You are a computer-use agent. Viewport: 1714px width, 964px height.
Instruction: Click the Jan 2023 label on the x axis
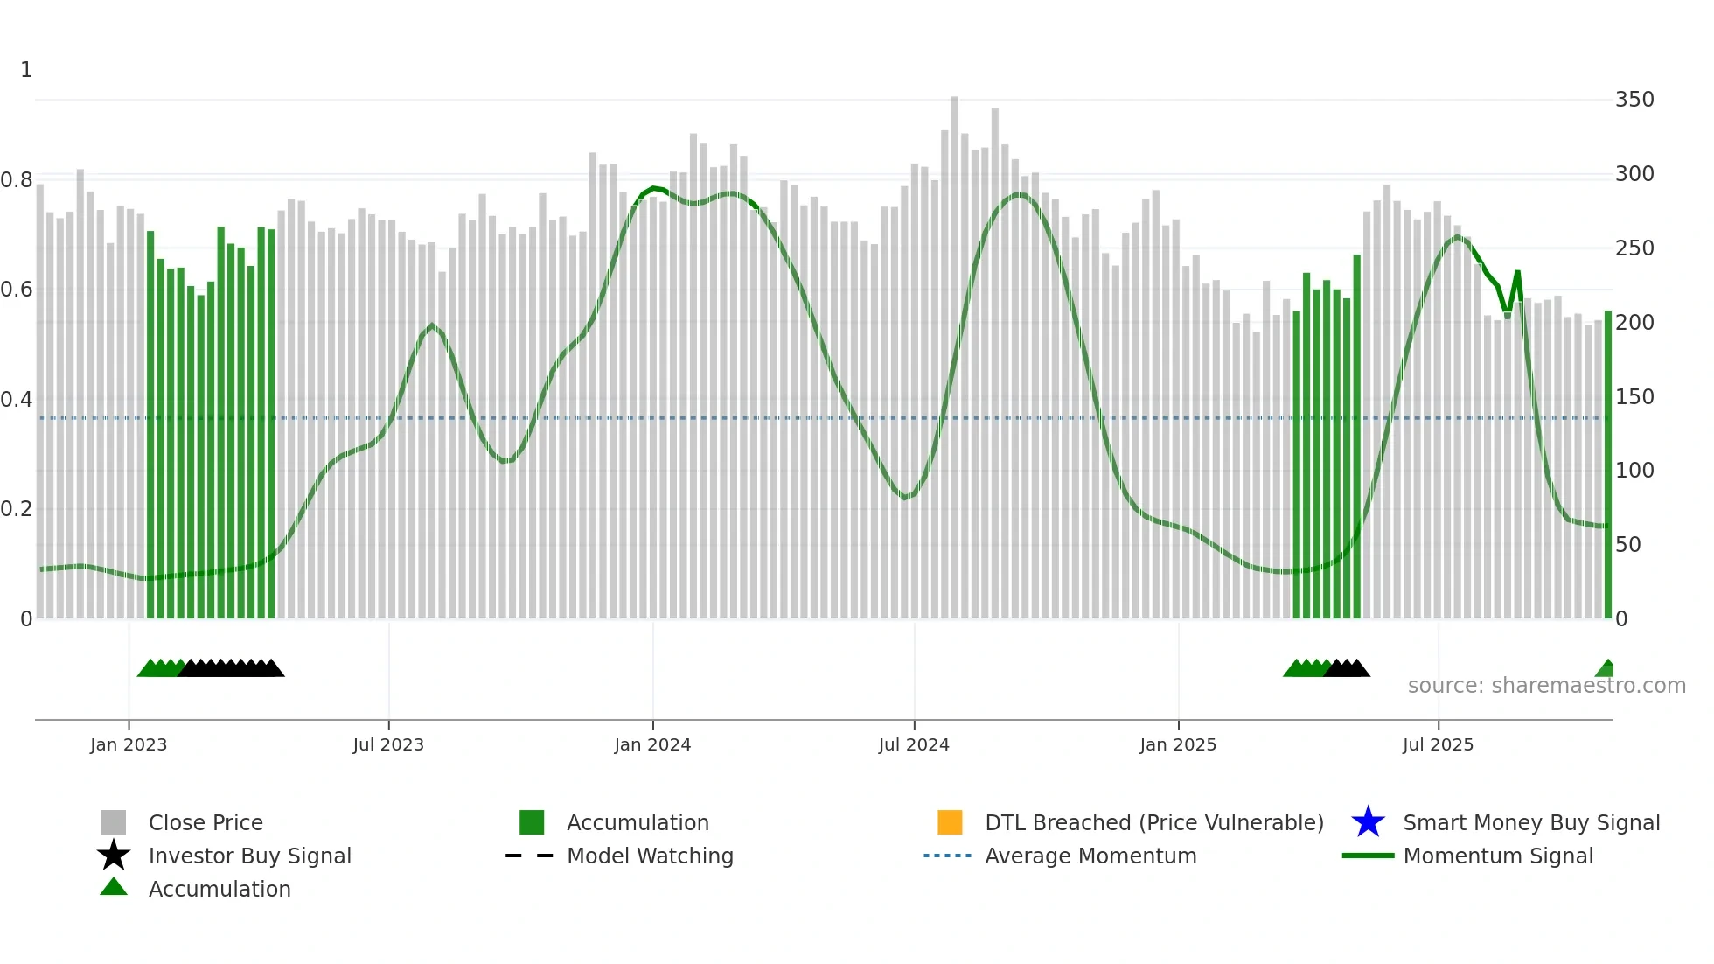coord(129,744)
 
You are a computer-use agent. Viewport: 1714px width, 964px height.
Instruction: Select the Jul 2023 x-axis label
coord(388,744)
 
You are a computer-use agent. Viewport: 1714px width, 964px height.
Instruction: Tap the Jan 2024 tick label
coord(652,744)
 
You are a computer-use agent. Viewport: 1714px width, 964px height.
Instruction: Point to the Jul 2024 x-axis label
coord(914,744)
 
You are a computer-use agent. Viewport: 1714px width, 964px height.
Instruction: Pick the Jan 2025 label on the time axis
coord(1178,744)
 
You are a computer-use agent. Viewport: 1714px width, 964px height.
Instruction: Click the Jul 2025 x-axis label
coord(1438,744)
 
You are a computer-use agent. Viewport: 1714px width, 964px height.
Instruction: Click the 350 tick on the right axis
coord(1634,100)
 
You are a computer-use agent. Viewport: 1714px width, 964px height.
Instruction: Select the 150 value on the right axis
coord(1634,397)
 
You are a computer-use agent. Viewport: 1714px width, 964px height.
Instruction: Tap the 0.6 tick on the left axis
coord(17,290)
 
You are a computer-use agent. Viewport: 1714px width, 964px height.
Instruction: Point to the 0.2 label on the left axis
coord(17,509)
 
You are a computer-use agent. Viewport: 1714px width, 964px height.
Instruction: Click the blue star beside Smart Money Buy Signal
coord(1368,822)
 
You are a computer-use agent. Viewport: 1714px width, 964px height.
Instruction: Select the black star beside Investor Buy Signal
coord(114,856)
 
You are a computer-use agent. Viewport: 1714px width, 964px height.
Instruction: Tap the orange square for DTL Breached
coord(950,822)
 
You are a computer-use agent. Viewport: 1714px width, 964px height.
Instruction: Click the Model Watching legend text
coord(650,856)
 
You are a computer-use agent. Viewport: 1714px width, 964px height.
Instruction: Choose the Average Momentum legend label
coord(1090,856)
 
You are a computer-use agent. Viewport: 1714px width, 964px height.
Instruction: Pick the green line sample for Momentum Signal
coord(1368,856)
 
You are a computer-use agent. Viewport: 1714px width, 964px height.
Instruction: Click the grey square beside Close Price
coord(114,822)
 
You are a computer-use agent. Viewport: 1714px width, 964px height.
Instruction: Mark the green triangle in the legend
coord(114,888)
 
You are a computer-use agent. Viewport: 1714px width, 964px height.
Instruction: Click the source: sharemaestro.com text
coord(1546,686)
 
